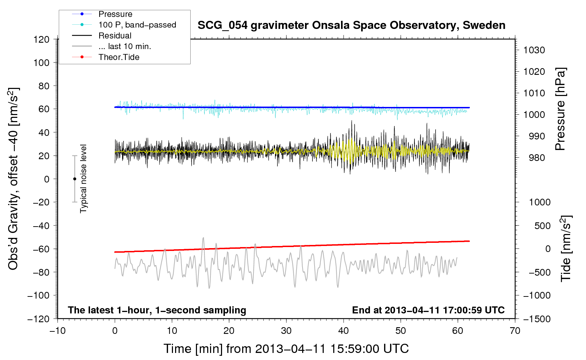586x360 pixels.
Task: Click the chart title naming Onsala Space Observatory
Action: [x=351, y=25]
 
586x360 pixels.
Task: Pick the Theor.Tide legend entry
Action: [x=119, y=57]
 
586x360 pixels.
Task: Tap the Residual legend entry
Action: [x=115, y=36]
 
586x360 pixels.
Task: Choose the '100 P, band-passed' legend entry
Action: [x=137, y=25]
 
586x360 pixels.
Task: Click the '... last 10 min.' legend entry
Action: [x=125, y=46]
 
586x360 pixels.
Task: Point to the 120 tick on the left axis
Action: [x=42, y=39]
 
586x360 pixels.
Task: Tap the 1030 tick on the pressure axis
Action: [x=534, y=50]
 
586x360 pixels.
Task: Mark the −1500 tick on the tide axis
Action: [x=537, y=319]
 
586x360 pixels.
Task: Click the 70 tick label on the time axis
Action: [x=515, y=331]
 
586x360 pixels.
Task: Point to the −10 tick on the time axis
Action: [x=58, y=331]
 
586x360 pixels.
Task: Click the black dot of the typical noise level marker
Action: [x=74, y=179]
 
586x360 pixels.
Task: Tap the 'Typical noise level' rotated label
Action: [x=83, y=179]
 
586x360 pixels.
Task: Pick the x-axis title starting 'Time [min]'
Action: [x=286, y=349]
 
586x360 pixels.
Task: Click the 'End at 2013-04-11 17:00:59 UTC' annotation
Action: [x=428, y=310]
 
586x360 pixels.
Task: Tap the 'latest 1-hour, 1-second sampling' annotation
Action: [x=157, y=310]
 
